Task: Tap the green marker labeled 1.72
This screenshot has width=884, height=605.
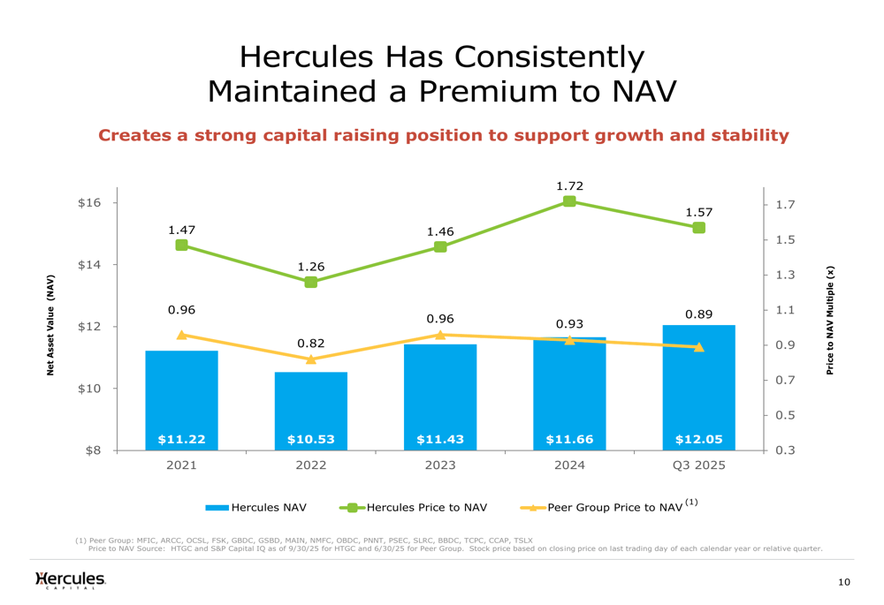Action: [569, 201]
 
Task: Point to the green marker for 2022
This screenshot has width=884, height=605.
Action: [311, 282]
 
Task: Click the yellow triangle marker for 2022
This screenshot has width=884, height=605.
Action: [311, 359]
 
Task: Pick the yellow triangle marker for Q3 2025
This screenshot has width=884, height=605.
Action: [698, 347]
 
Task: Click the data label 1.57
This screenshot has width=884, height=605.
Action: [698, 212]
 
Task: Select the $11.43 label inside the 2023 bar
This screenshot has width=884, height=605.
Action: [440, 438]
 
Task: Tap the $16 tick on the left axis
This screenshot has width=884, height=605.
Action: [89, 203]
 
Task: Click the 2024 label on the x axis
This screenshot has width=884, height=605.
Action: [569, 465]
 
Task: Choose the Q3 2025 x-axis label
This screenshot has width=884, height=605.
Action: [698, 465]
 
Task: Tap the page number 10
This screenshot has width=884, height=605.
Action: [844, 582]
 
